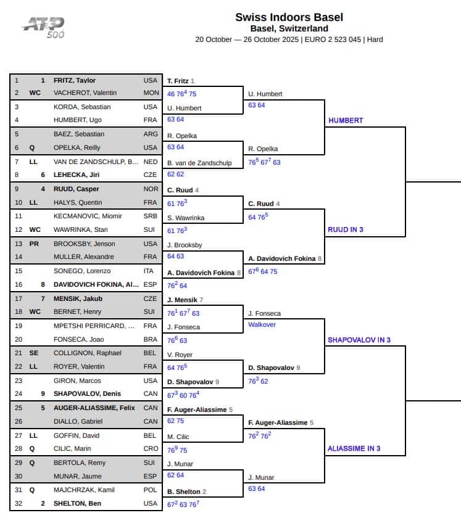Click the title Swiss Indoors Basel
289,17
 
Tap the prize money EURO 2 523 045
333,39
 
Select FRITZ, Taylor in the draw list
75,80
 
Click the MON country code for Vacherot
151,93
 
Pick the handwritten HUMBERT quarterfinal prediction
346,120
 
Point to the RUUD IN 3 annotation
346,229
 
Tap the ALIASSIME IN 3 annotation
354,448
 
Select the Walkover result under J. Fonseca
262,324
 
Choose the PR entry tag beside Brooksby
34,244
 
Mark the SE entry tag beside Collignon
34,353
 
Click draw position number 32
17,503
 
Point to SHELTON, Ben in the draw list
76,503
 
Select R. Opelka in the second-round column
263,149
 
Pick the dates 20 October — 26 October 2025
247,39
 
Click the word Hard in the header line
375,39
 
